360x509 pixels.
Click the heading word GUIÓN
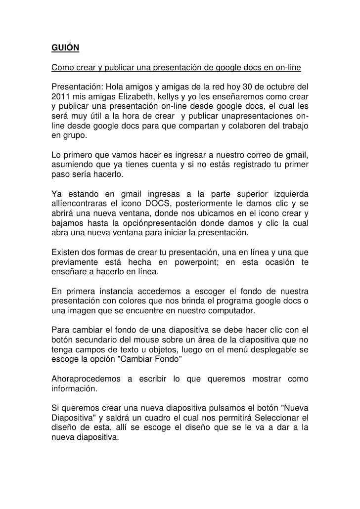pyautogui.click(x=66, y=48)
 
